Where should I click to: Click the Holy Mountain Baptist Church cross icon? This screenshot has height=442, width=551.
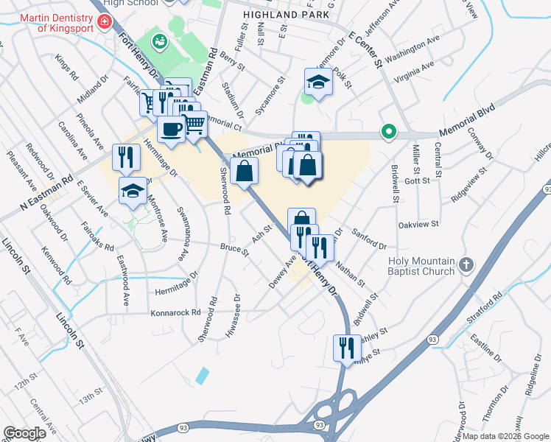[466, 264]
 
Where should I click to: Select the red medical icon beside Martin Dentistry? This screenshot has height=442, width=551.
[105, 22]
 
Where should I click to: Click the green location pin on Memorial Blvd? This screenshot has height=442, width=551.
[389, 133]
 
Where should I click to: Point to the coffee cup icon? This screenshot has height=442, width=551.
[170, 129]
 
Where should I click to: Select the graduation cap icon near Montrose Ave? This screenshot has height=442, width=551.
[133, 189]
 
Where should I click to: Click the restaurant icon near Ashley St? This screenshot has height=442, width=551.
[347, 347]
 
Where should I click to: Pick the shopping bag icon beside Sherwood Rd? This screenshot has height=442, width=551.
[244, 171]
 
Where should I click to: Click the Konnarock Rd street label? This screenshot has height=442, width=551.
[176, 312]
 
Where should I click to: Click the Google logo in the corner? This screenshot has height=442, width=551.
[24, 433]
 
